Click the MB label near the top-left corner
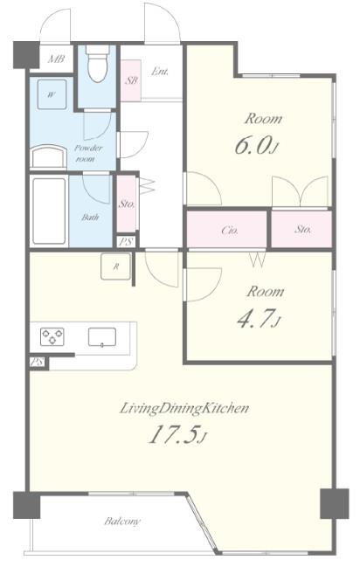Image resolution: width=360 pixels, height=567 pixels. (x=56, y=59)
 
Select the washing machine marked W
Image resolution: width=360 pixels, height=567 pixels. (x=52, y=94)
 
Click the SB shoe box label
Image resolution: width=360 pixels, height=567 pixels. (x=131, y=80)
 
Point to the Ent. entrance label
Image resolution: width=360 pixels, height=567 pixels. (x=160, y=72)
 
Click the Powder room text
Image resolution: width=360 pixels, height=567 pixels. (x=88, y=153)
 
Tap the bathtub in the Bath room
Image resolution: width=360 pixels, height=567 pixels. (x=49, y=211)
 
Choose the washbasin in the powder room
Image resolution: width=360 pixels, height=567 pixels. (x=48, y=157)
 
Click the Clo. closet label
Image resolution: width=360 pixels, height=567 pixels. (x=230, y=230)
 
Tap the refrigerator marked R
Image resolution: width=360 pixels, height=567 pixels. (x=116, y=266)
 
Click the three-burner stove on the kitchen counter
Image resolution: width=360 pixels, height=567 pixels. (x=52, y=336)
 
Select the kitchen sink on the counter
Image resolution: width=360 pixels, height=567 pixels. (x=102, y=337)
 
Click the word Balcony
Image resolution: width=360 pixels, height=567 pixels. (x=122, y=521)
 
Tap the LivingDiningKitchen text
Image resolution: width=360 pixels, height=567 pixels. (x=184, y=409)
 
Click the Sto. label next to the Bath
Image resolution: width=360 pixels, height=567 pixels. (x=127, y=204)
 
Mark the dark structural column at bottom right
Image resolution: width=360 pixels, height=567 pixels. (x=335, y=503)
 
